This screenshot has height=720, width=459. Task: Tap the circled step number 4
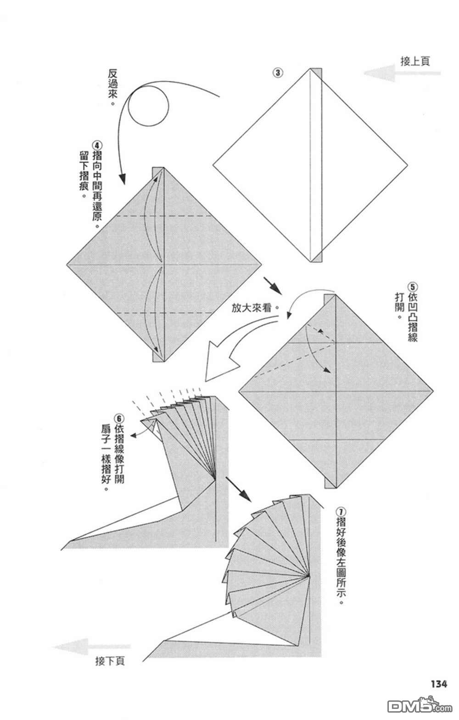click(x=96, y=143)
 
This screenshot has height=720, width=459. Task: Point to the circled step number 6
click(x=119, y=419)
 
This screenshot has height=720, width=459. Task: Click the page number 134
click(x=438, y=684)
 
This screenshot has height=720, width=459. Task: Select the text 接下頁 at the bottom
click(x=110, y=661)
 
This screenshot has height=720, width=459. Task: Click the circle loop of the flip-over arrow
click(x=148, y=107)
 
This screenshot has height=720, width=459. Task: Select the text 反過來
click(x=112, y=86)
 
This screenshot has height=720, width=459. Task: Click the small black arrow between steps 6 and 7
click(x=239, y=489)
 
